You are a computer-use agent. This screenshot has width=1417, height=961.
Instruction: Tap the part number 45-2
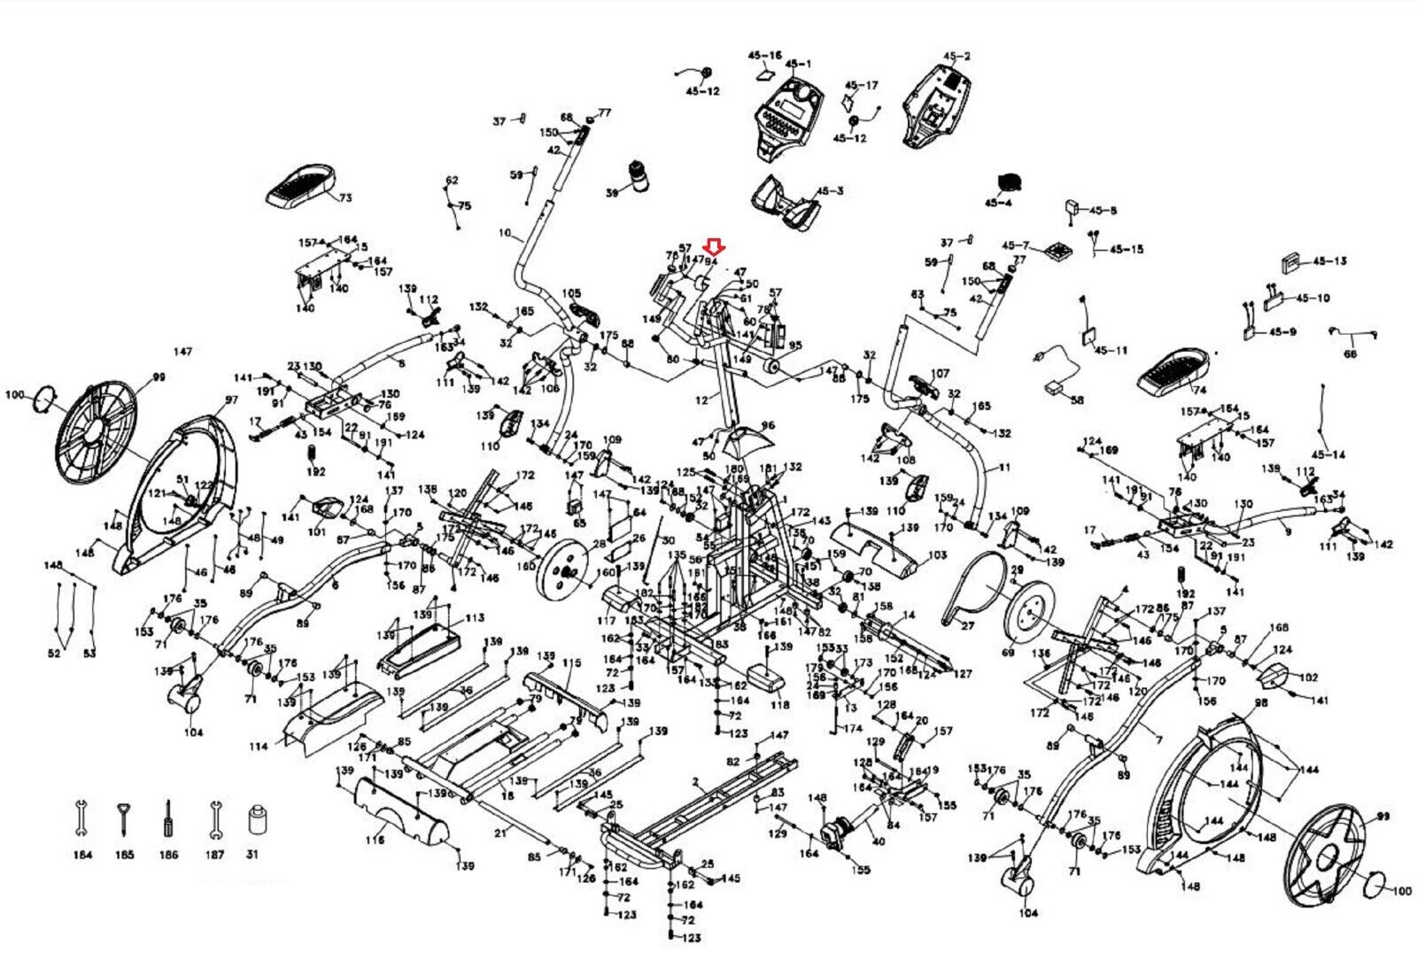point(956,56)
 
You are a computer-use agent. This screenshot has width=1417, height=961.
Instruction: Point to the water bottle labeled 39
point(639,174)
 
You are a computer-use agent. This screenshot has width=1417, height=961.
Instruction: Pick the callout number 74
point(1200,390)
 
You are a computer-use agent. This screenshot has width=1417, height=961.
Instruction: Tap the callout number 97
point(231,401)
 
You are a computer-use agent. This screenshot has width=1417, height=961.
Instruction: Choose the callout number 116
point(375,841)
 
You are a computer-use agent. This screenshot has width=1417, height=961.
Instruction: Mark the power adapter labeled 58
point(1054,386)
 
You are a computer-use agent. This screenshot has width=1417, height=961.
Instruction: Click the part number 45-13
point(1329,261)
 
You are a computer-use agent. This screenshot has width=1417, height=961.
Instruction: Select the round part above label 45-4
point(1008,181)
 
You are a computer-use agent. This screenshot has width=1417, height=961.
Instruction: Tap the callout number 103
point(937,556)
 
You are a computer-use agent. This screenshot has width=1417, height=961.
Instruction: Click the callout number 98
point(1262,702)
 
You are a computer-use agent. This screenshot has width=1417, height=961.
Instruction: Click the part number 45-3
point(830,190)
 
